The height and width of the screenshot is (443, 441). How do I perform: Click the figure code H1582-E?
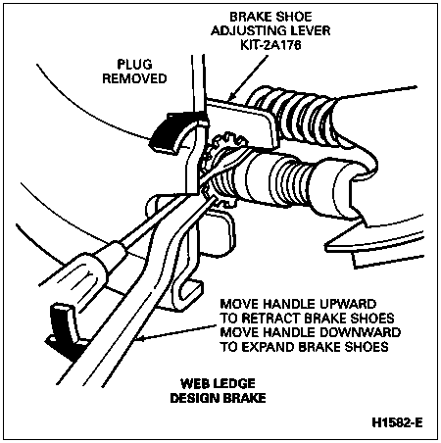[397, 422]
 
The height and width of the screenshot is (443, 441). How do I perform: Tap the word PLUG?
[134, 65]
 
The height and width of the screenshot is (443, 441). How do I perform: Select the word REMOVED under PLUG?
[134, 78]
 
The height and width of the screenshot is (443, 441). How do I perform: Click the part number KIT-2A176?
[270, 45]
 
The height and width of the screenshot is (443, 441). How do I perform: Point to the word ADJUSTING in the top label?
[247, 30]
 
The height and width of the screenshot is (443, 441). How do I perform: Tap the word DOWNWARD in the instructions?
[360, 332]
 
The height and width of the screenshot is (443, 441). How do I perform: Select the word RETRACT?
[269, 319]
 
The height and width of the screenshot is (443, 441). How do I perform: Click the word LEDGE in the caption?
[233, 383]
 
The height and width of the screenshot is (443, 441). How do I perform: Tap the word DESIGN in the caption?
[195, 398]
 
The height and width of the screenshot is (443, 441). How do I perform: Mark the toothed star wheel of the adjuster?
[223, 170]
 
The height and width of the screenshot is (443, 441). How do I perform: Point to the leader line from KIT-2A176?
[248, 77]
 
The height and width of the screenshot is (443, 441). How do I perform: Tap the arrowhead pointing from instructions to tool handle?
[143, 340]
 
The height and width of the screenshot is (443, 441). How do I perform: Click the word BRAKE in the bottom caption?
[244, 398]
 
